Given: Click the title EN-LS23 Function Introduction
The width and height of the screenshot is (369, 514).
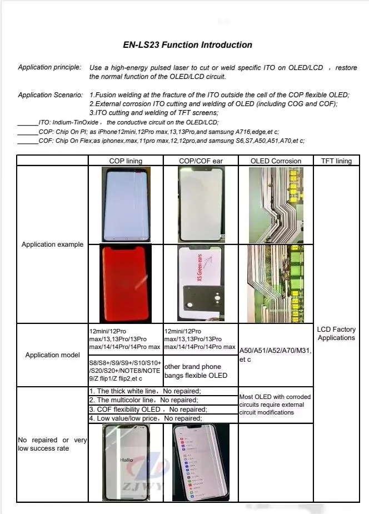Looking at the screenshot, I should (187, 45).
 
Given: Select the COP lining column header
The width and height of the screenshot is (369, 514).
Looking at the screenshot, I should (126, 161).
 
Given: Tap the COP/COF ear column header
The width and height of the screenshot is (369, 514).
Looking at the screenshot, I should (201, 161).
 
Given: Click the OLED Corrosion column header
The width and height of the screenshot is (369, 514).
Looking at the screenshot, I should (276, 161).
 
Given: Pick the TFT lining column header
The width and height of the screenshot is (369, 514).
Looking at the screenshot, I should (336, 161).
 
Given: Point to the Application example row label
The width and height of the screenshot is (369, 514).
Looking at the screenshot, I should (52, 244).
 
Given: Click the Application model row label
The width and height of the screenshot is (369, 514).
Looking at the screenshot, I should (52, 355).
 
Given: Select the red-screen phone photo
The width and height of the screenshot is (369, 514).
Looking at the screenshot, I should (125, 283).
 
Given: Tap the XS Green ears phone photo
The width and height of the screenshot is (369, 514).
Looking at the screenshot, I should (201, 283).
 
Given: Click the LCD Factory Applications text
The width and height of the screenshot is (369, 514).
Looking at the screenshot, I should (336, 333).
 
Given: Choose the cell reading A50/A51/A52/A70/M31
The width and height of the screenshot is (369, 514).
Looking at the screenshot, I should (276, 355).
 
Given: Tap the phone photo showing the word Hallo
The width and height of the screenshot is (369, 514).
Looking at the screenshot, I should (126, 461).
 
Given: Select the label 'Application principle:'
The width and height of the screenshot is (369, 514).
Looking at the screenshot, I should (49, 67).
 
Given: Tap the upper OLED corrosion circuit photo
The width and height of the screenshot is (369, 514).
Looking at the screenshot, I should (276, 205).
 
